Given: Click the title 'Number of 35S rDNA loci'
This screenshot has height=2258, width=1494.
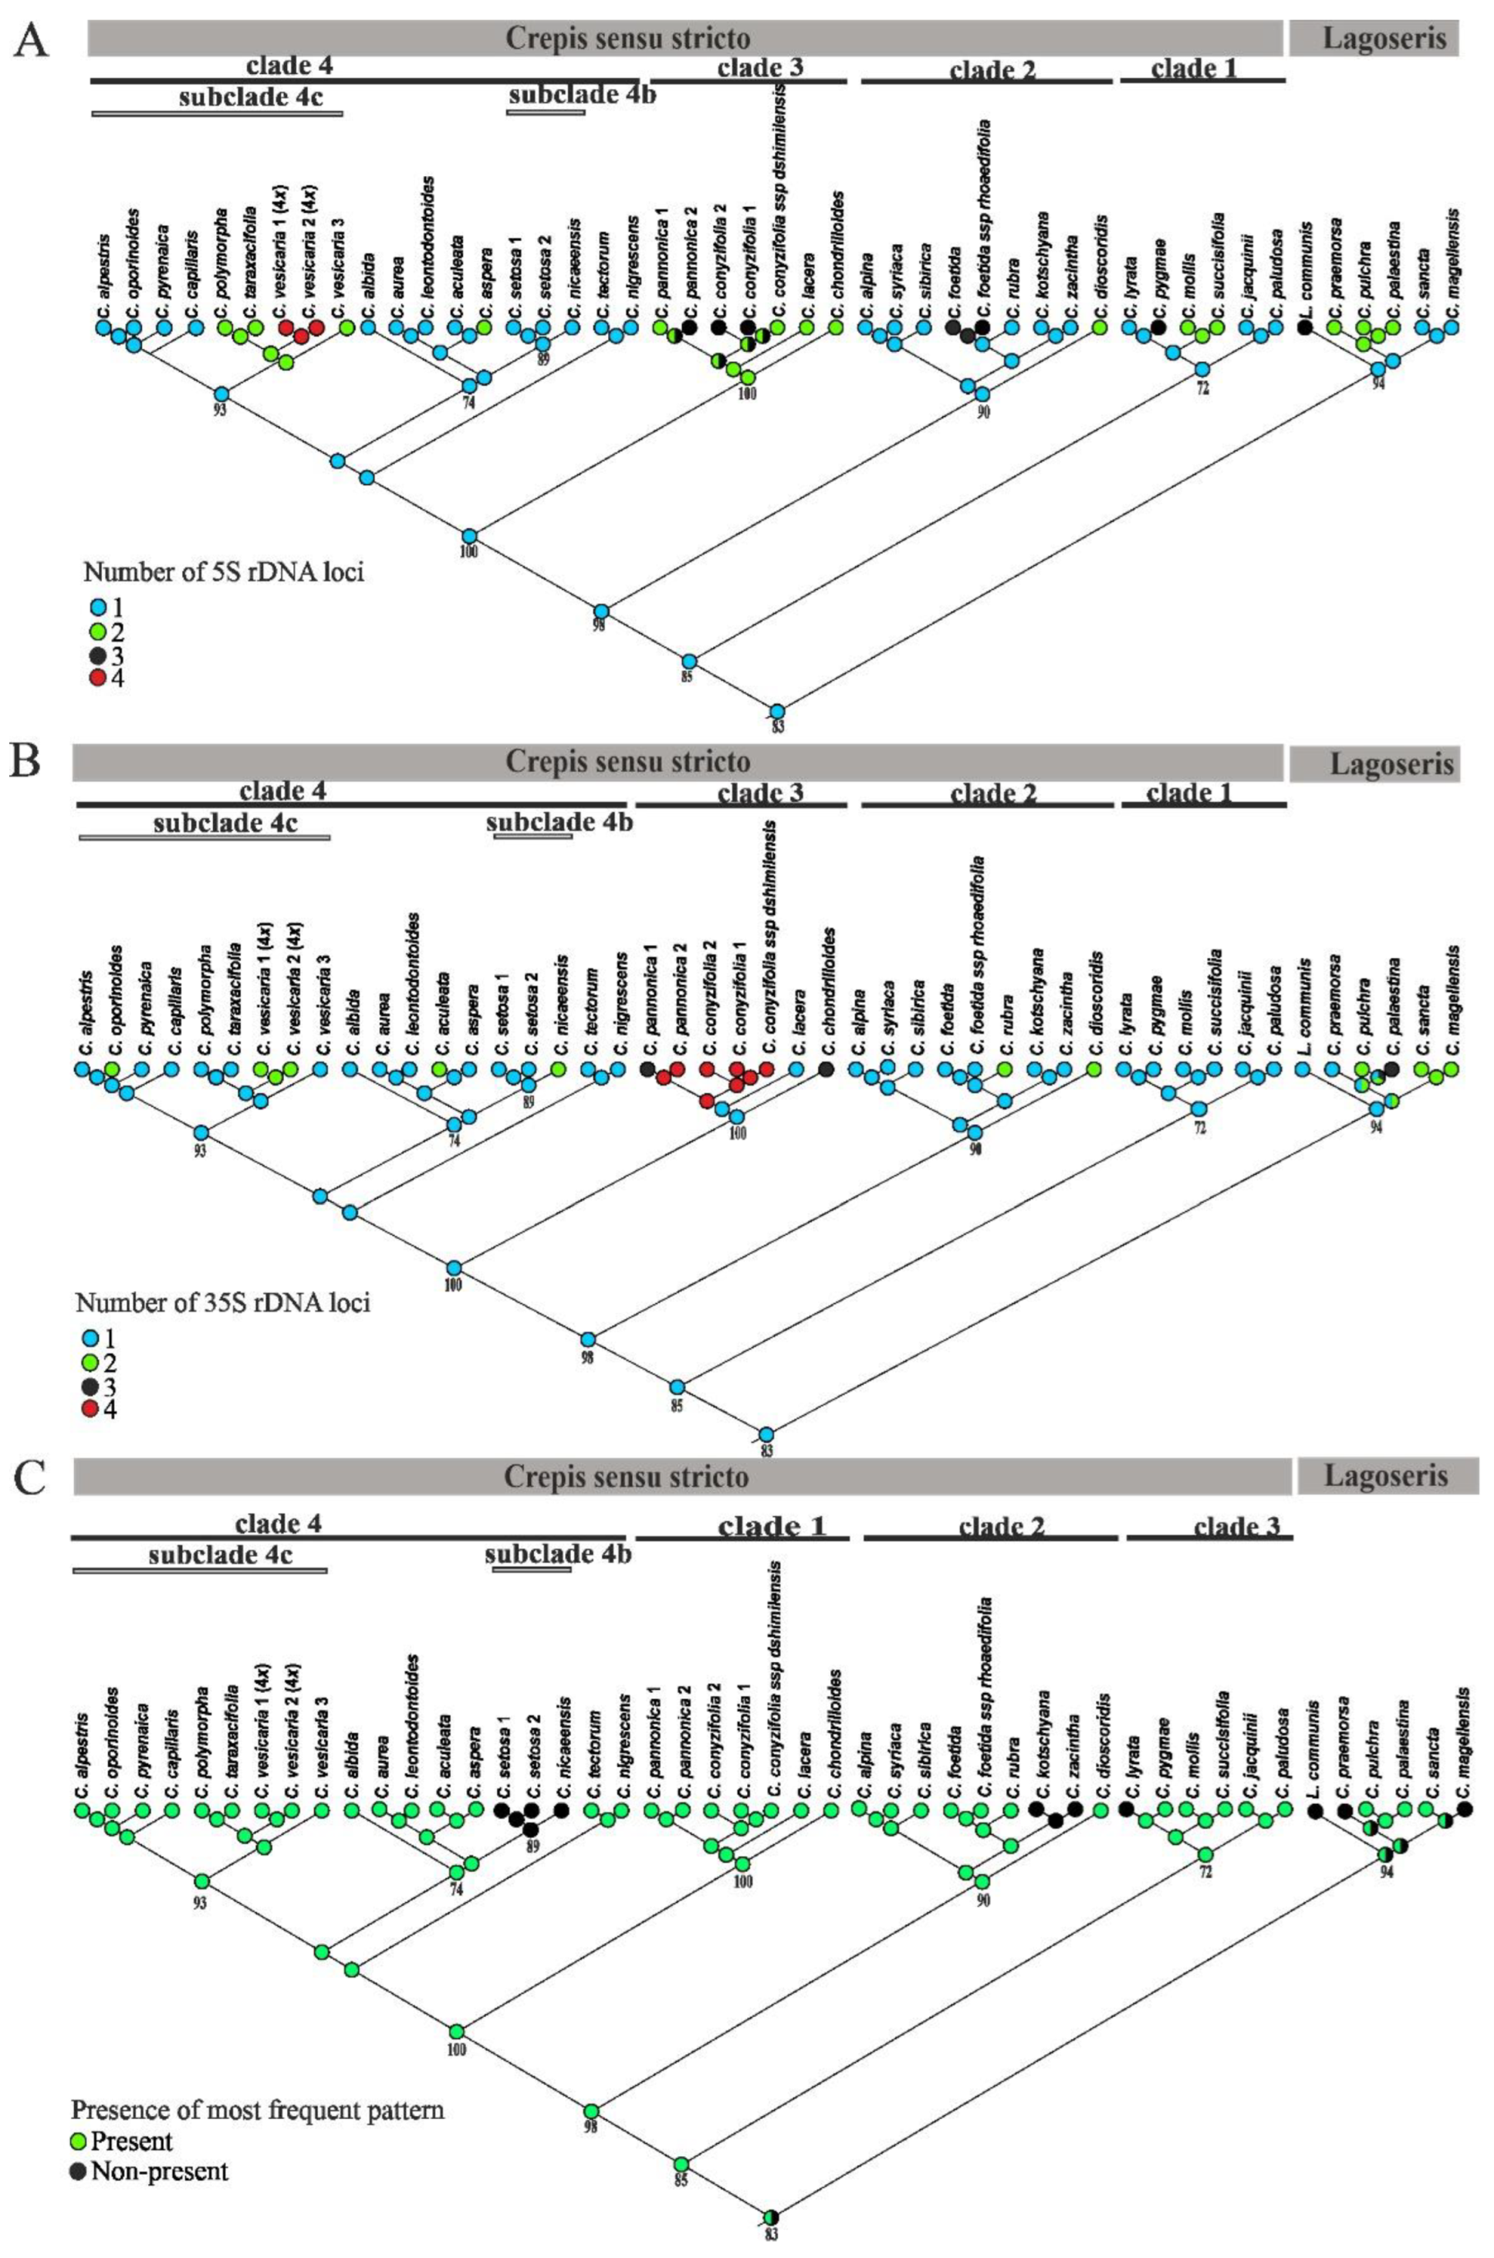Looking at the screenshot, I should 223,1302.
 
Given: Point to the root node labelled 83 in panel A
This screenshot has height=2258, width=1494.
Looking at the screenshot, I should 778,711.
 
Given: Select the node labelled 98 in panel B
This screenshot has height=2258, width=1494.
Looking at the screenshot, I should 589,1339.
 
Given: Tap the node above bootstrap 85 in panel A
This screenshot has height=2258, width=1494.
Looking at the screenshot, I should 689,661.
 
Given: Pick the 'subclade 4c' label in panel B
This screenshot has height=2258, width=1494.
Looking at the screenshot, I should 226,824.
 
